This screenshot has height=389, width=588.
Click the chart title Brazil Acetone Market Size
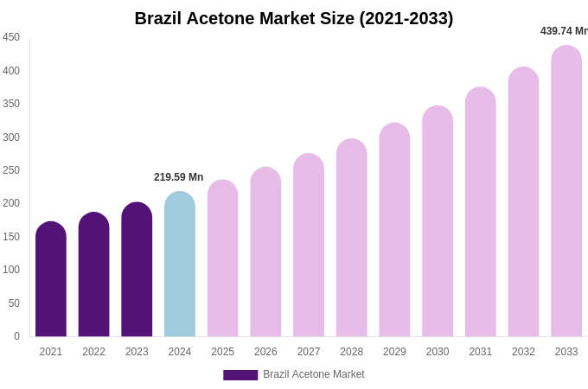click(294, 18)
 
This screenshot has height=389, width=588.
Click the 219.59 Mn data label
click(179, 177)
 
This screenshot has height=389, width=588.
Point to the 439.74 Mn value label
click(564, 31)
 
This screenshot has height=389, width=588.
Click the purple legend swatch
click(240, 375)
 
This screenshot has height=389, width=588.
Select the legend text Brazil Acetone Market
click(314, 374)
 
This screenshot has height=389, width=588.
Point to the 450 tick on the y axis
click(11, 37)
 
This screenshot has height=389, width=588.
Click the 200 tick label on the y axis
click(11, 203)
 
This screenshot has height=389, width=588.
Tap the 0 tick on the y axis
click(16, 336)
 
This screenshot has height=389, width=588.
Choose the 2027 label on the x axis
click(309, 352)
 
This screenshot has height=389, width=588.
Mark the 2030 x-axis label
click(438, 352)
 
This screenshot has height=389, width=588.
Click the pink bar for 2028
click(352, 238)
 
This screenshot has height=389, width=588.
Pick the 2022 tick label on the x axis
click(93, 352)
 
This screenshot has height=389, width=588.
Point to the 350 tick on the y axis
click(11, 104)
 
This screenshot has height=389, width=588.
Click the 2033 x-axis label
click(566, 352)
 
